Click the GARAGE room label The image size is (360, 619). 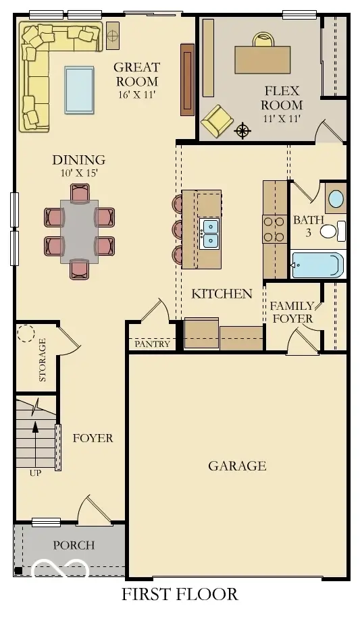click(237, 466)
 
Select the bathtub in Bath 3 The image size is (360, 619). click(317, 265)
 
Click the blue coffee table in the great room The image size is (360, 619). click(79, 90)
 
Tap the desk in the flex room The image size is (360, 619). click(262, 59)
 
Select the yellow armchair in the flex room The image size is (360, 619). click(217, 119)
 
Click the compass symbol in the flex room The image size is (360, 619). click(242, 131)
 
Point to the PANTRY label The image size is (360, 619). click(152, 344)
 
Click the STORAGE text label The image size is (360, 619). click(43, 360)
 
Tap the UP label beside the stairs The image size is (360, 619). click(35, 473)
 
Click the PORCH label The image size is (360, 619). click(74, 545)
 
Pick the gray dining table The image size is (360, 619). click(80, 232)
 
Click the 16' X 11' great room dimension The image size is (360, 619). click(136, 95)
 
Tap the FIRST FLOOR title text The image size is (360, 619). click(180, 594)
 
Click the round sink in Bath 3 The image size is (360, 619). click(336, 198)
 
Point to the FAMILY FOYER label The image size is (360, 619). click(292, 312)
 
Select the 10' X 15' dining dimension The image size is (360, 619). click(79, 173)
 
